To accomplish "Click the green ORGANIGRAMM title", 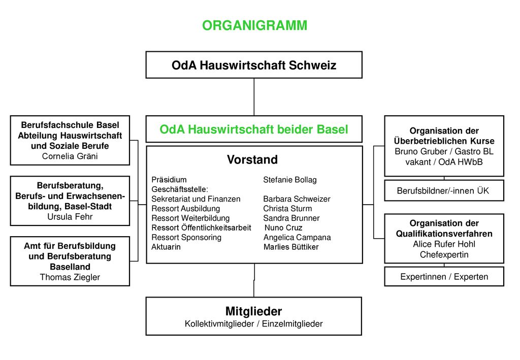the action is [x=255, y=25].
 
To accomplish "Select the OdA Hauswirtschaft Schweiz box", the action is [x=254, y=65].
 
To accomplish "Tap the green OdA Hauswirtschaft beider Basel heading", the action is [x=254, y=129].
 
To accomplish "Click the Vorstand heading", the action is [x=252, y=159].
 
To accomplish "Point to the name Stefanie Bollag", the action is [x=290, y=180].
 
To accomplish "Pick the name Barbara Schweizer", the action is [x=297, y=199].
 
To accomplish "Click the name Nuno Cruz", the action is [x=283, y=228].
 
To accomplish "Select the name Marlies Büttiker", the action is [x=291, y=247].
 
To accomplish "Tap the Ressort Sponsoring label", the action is [x=186, y=237].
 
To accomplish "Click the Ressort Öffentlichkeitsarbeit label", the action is [x=201, y=228].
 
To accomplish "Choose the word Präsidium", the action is [x=169, y=180].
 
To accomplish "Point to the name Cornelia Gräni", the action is [x=70, y=156].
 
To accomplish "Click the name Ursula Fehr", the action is [x=70, y=217].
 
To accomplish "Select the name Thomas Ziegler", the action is [x=70, y=277].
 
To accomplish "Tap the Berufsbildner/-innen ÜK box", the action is [x=444, y=190].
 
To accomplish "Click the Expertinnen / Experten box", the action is [x=444, y=276].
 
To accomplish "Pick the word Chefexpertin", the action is [x=444, y=254].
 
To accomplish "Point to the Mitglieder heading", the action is [x=254, y=311].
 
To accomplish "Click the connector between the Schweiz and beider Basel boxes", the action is [x=254, y=97].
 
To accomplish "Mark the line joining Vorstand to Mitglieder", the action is [x=254, y=280].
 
